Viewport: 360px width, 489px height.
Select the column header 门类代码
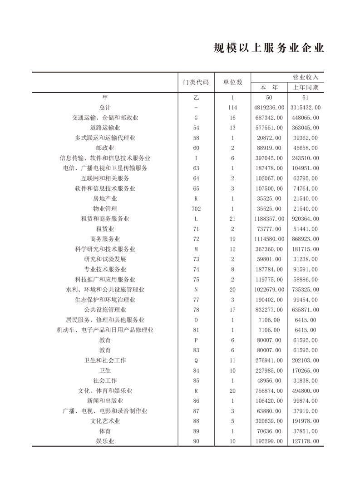(x=196, y=82)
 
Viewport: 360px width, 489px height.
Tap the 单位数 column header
(x=232, y=82)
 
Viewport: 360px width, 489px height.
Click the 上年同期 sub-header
(x=306, y=87)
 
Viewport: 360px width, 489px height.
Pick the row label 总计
(x=105, y=108)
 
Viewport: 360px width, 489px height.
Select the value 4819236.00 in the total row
(x=269, y=108)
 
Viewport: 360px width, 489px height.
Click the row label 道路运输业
(x=105, y=128)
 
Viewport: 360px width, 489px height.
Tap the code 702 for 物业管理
(x=196, y=209)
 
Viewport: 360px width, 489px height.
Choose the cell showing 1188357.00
(x=269, y=219)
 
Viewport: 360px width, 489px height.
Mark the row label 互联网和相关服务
(x=105, y=178)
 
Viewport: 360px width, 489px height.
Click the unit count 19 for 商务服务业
(x=232, y=239)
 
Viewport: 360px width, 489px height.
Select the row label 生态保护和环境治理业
(x=105, y=300)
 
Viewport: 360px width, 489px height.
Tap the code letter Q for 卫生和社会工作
(x=196, y=361)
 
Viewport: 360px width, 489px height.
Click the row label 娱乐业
(x=105, y=441)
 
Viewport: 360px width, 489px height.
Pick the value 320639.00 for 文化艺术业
(x=269, y=421)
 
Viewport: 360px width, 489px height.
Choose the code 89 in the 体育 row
(x=196, y=431)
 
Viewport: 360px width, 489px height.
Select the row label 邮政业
(x=105, y=148)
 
